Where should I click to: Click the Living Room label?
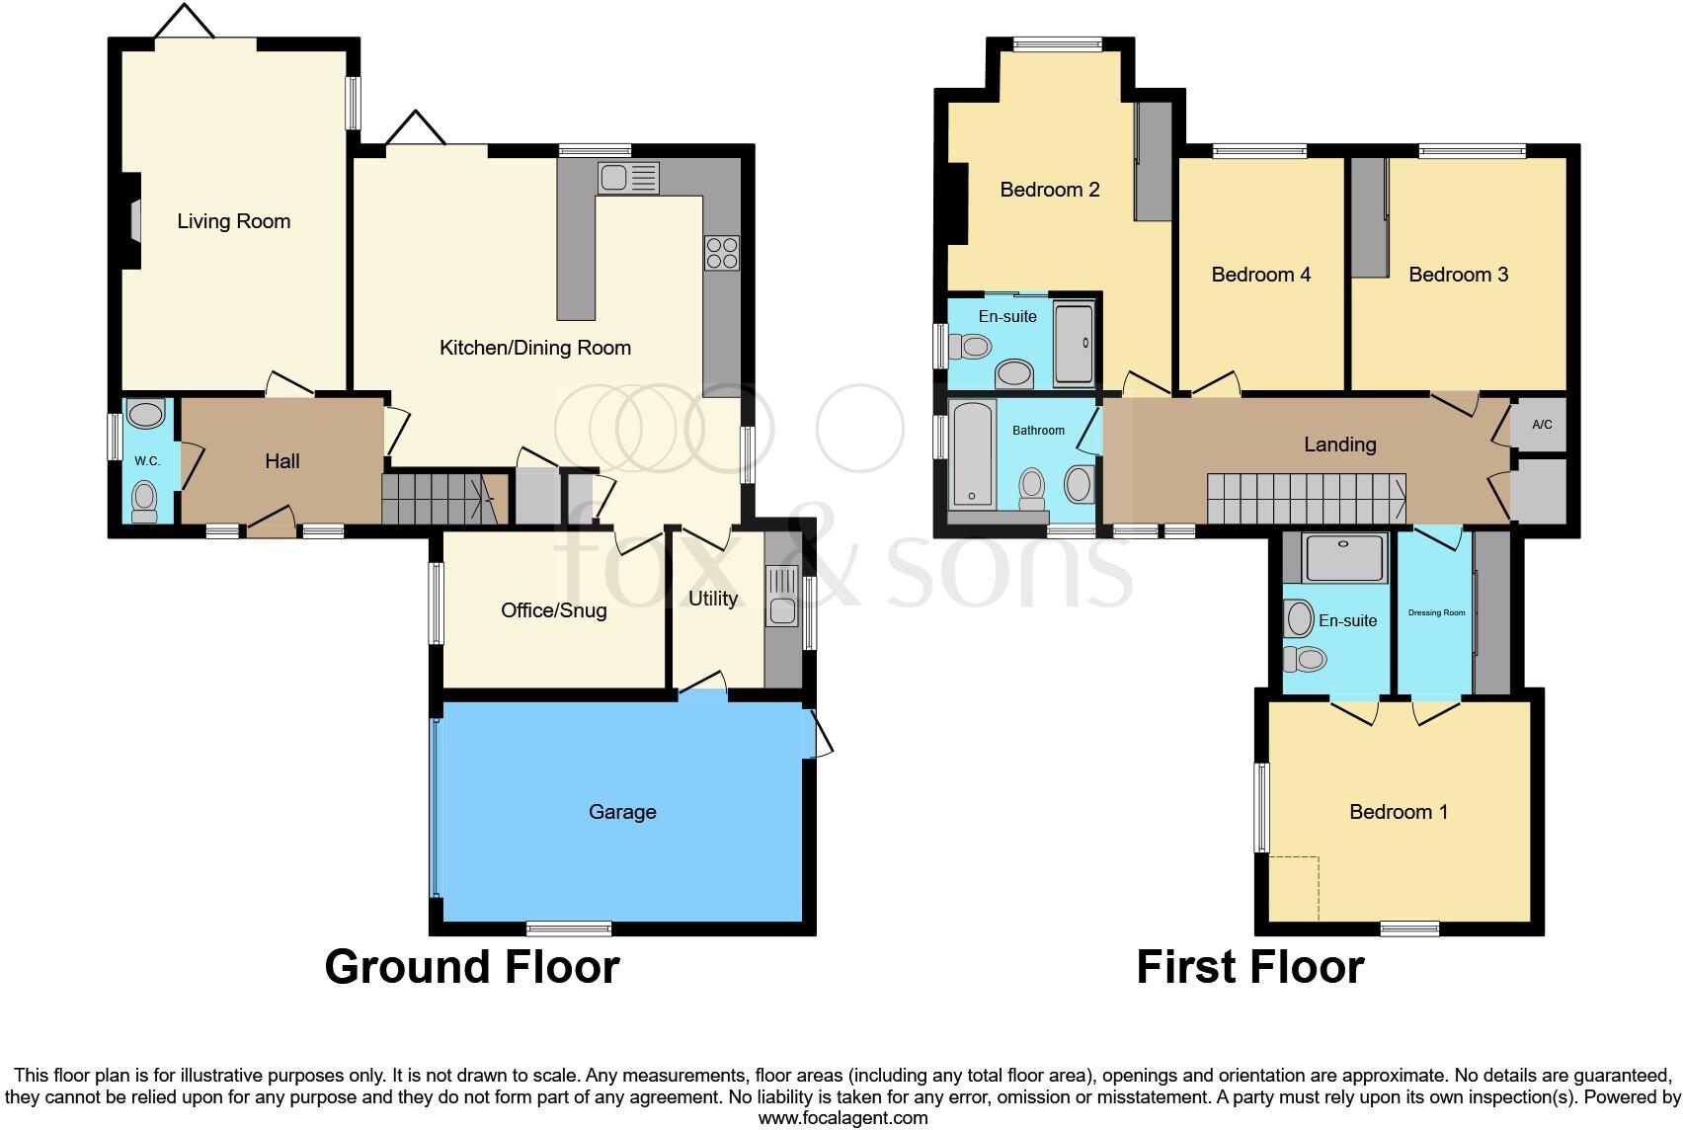point(234,221)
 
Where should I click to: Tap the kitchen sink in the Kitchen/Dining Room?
point(628,179)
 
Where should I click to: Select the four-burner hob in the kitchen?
point(722,253)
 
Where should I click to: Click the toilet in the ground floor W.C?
point(144,500)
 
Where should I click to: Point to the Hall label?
point(282,461)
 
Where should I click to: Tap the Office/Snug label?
point(553,610)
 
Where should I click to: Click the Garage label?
point(622,812)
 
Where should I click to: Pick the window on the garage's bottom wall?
point(569,928)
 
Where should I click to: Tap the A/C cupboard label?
point(1542,425)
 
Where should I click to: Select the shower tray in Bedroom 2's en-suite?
point(1074,343)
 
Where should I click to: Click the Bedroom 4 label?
point(1260,275)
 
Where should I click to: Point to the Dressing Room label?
point(1436,613)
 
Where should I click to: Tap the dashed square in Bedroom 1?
point(1294,887)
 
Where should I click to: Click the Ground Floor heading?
point(472,967)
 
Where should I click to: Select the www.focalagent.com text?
point(842,1118)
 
